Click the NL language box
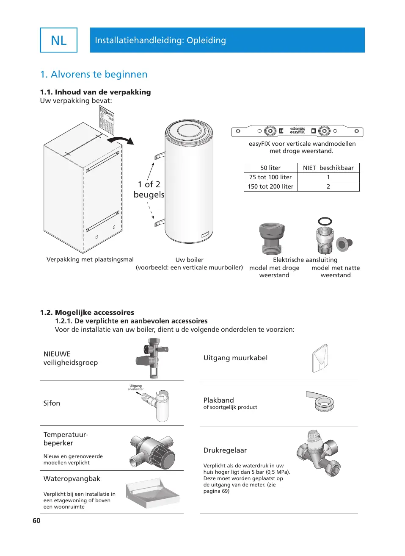pyautogui.click(x=58, y=40)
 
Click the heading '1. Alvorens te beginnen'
pyautogui.click(x=94, y=75)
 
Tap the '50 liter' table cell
pyautogui.click(x=270, y=168)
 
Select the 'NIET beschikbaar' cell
pyautogui.click(x=328, y=168)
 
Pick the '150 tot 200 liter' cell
pyautogui.click(x=270, y=186)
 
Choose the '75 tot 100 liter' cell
pyautogui.click(x=270, y=177)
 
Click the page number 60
pyautogui.click(x=36, y=520)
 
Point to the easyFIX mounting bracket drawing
pyautogui.click(x=297, y=131)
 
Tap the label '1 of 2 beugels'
pyautogui.click(x=149, y=189)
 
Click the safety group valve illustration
pyautogui.click(x=152, y=358)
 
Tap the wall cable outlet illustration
pyautogui.click(x=320, y=358)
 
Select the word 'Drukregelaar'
pyautogui.click(x=225, y=450)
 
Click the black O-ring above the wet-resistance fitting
pyautogui.click(x=325, y=221)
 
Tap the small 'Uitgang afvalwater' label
pyautogui.click(x=135, y=387)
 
